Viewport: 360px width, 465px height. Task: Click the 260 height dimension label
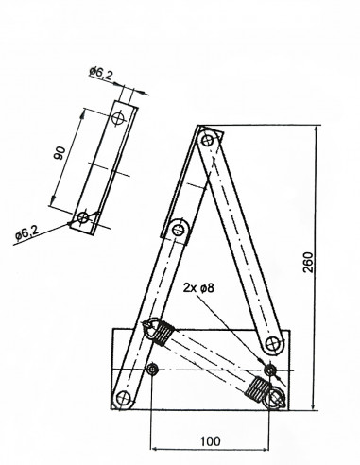coord(308,262)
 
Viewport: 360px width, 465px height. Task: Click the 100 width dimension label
coord(211,441)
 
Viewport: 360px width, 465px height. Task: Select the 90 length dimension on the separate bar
coord(60,153)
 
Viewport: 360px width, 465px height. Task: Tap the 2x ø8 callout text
coord(198,287)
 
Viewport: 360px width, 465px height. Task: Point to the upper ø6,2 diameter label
coord(100,74)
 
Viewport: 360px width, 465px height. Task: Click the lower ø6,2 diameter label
coord(26,233)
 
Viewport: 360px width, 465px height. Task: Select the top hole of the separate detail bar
coord(118,118)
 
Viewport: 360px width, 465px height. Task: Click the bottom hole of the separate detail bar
coord(82,217)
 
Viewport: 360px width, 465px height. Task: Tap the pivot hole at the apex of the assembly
coord(207,140)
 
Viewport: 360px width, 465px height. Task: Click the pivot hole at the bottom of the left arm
coord(123,399)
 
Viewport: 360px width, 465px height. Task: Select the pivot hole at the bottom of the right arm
coord(272,344)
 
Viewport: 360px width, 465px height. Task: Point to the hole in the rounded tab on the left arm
coord(179,229)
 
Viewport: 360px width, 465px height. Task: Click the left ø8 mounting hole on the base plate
coord(152,369)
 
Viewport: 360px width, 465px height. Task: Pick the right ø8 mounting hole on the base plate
coord(269,370)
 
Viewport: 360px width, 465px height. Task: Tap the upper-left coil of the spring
coord(163,332)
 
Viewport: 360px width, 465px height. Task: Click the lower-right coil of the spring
coord(257,388)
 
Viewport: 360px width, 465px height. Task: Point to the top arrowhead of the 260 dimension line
coord(316,130)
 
